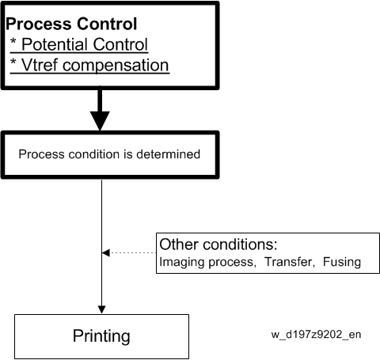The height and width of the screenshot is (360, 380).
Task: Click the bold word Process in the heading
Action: point(39,24)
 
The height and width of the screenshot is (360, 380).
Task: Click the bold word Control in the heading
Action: point(107,24)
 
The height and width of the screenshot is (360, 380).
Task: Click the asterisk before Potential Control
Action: point(13,42)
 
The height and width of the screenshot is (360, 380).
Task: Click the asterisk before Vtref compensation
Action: point(13,63)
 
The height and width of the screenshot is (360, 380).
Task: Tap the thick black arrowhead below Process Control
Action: point(100,120)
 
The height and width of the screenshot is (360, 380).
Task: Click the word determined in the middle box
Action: point(168,154)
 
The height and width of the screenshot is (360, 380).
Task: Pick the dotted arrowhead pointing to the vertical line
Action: point(106,252)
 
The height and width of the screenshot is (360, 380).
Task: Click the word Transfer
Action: point(290,262)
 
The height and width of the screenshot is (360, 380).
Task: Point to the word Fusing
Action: point(342,262)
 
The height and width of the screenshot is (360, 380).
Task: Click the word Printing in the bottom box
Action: point(101,336)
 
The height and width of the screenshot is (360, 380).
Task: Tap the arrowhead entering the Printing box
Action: point(101,309)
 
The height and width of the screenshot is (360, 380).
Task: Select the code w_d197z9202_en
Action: point(316,335)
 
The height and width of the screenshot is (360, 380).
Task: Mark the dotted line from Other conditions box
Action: point(133,252)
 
